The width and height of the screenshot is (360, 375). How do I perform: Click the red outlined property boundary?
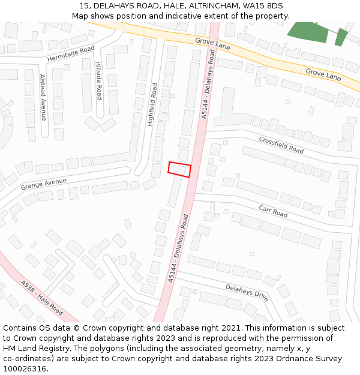click(x=179, y=170)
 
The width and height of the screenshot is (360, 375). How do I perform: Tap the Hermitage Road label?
click(x=71, y=54)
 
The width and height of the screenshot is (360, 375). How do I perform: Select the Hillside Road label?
click(x=99, y=80)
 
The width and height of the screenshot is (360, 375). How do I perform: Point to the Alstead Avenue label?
click(x=43, y=98)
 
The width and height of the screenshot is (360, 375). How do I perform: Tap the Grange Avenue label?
click(x=44, y=183)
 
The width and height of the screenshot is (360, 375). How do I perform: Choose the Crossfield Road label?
click(x=281, y=144)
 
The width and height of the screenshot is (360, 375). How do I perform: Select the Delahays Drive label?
click(x=247, y=291)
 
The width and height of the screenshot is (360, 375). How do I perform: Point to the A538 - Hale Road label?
click(x=41, y=298)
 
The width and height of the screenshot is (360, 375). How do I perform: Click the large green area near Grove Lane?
click(x=308, y=32)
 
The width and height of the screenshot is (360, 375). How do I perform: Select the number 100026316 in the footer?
click(x=25, y=369)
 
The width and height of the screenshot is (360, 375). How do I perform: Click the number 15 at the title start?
click(x=84, y=6)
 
